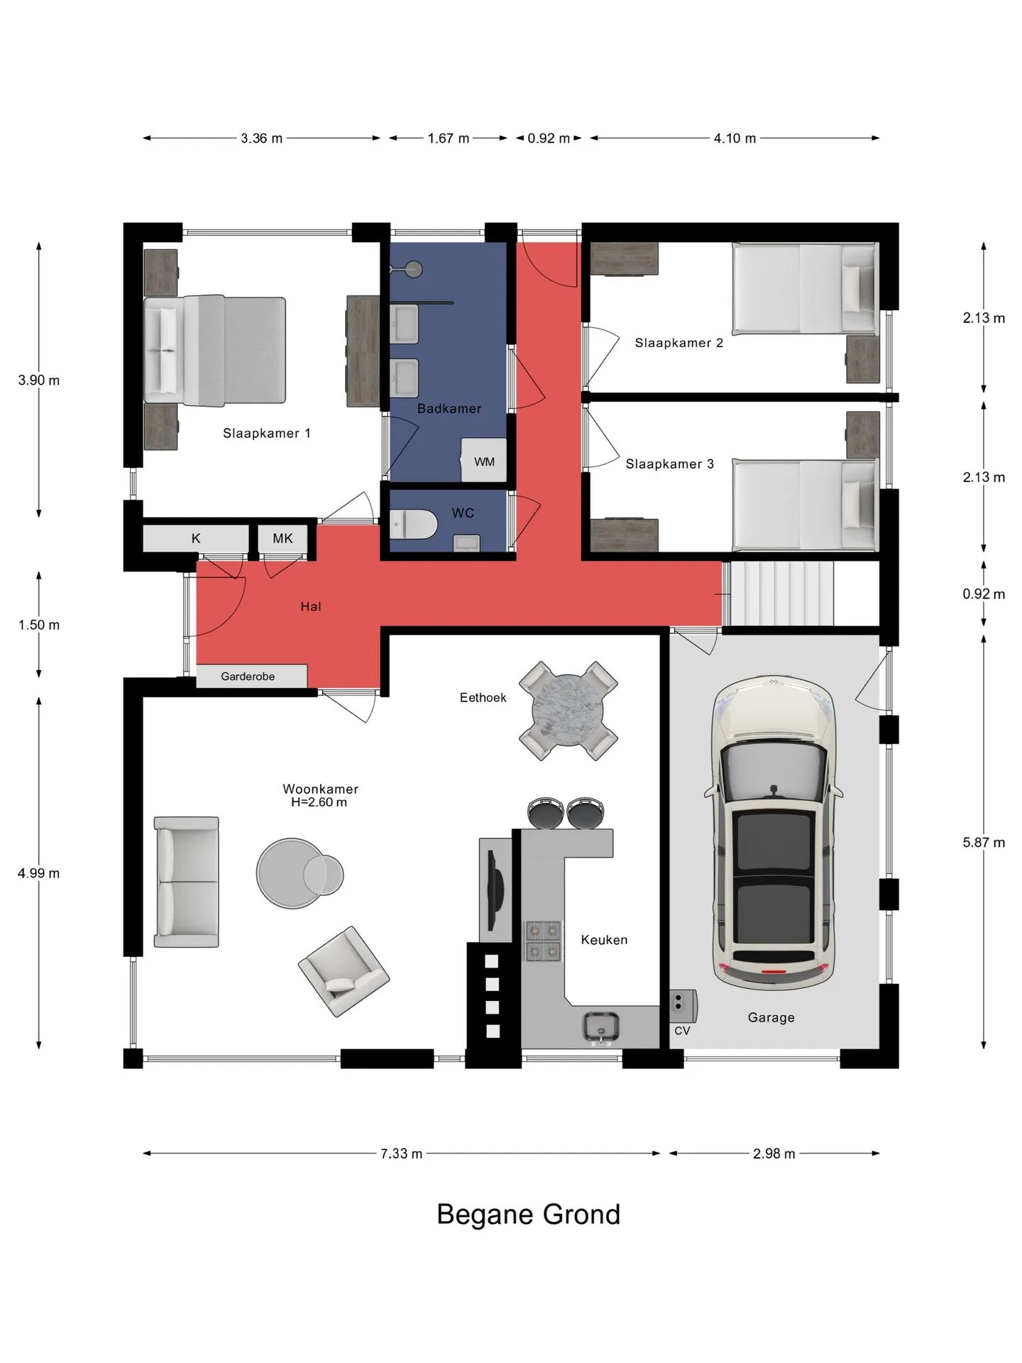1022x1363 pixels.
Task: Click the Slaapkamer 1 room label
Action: click(266, 433)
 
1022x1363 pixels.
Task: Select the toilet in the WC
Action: click(413, 525)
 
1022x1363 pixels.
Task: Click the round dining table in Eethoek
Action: click(568, 711)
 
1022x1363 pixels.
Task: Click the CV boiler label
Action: click(682, 1030)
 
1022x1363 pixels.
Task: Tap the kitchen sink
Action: click(601, 1027)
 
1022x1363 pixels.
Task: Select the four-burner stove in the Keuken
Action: click(543, 941)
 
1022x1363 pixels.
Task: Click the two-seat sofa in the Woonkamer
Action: click(187, 882)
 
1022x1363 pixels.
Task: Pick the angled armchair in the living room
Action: click(344, 971)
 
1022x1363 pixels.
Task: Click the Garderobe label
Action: click(248, 677)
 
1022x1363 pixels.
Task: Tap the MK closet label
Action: click(282, 538)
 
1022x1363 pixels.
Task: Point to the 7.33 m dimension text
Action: click(401, 1154)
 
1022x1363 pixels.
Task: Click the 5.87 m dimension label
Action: click(984, 843)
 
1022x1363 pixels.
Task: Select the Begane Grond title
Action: click(528, 1215)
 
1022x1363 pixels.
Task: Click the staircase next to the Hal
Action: click(779, 593)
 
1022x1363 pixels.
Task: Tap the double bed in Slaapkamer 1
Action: click(214, 351)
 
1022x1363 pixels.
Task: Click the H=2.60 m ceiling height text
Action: click(319, 802)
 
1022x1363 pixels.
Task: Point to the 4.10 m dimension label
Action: click(735, 138)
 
